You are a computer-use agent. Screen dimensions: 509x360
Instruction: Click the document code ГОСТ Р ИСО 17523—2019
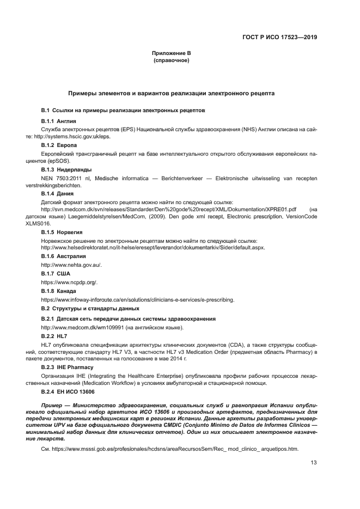(x=280, y=38)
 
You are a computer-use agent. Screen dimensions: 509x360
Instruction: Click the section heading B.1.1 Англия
(x=58, y=120)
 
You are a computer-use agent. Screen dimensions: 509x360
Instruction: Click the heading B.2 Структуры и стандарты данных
(x=94, y=309)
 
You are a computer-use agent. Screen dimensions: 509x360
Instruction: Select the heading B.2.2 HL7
(x=54, y=336)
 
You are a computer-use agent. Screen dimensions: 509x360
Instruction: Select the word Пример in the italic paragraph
(x=53, y=406)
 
